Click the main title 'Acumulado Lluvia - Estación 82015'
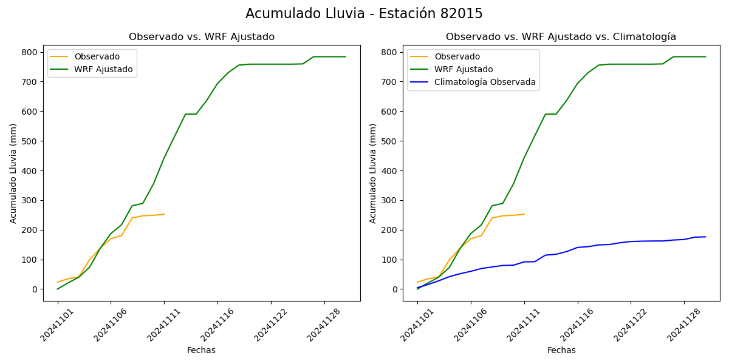tap(364, 14)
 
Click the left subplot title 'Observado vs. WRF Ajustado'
tap(202, 37)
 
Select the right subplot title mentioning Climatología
tap(561, 37)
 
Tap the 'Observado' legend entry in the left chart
tap(97, 56)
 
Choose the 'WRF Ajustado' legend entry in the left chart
tap(103, 69)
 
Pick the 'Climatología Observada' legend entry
tap(485, 83)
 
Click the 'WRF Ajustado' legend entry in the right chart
tap(464, 69)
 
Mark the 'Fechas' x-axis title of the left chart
tap(201, 350)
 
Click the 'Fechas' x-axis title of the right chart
tap(561, 350)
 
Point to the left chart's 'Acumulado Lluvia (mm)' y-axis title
tap(13, 173)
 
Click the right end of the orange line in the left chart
tap(164, 214)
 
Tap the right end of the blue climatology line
tap(705, 237)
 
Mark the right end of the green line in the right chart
tap(705, 57)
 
